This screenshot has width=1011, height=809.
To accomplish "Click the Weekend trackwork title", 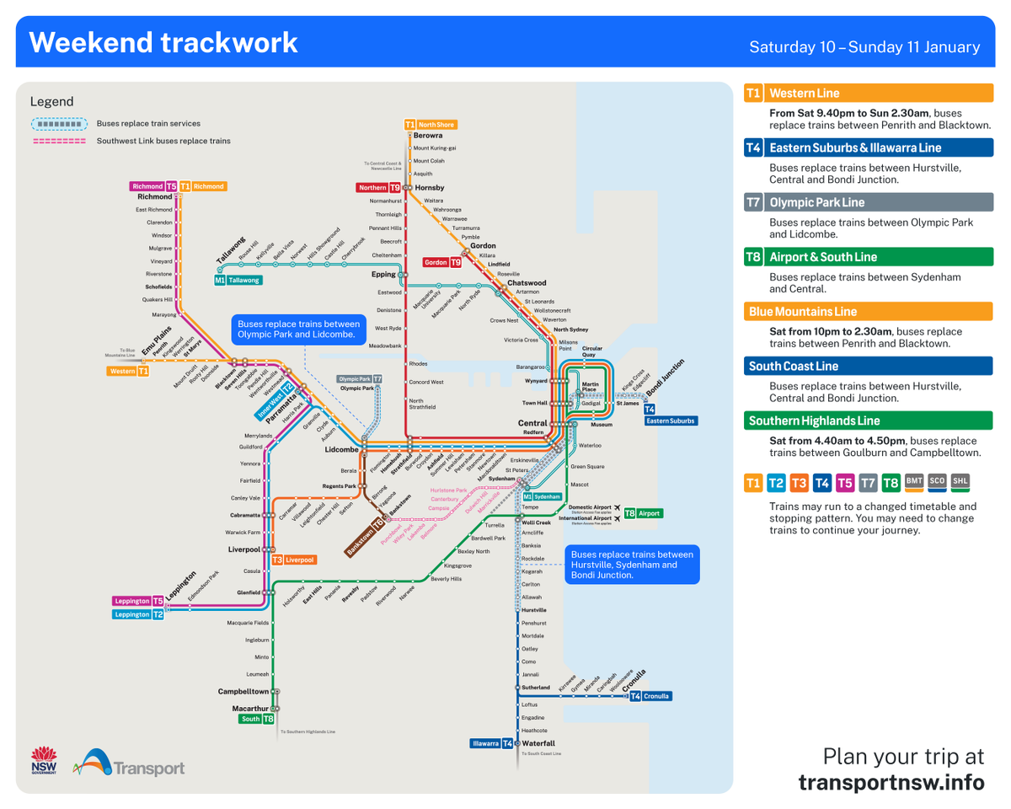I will pos(163,42).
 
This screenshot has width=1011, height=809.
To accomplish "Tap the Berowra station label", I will pos(428,136).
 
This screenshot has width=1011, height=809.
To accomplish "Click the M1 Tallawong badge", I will pos(238,280).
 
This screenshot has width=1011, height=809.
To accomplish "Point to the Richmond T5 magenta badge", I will pos(153,186).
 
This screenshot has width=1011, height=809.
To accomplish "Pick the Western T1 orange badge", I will pos(128,371).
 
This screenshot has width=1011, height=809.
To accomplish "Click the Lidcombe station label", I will pos(341,450).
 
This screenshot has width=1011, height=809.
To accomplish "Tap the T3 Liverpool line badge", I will pos(293,560).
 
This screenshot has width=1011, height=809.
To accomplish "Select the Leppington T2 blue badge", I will pos(139,614).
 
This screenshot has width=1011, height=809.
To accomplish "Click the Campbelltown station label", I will pos(243,691).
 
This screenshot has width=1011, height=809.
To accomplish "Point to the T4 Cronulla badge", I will pos(650,696).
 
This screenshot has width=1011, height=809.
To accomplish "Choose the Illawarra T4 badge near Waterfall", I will pos(492,743).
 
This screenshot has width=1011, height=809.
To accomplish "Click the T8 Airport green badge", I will pos(643,512).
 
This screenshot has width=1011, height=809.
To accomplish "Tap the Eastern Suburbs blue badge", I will pos(671,420).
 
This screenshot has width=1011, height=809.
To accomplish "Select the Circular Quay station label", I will pos(592,351).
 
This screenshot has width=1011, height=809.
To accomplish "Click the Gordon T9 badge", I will pos(442,262).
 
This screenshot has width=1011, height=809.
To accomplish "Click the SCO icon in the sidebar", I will pos(937,482).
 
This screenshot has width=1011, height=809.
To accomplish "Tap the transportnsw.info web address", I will pos(891,783).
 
